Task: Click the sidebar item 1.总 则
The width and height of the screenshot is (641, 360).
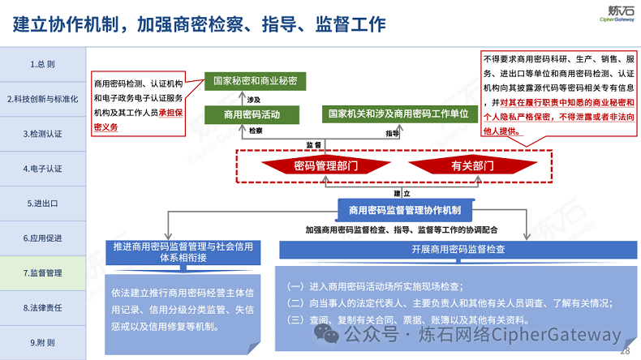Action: click(x=42, y=64)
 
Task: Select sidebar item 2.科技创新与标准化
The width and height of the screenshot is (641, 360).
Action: click(x=42, y=99)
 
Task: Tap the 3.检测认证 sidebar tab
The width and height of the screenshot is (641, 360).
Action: click(x=42, y=134)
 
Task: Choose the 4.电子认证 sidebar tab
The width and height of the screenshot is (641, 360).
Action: click(x=42, y=169)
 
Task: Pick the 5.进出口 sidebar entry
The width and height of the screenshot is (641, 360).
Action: click(x=42, y=204)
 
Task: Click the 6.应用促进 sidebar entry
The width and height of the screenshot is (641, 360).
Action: click(x=42, y=238)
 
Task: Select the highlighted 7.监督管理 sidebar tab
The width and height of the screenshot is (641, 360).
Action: click(x=42, y=273)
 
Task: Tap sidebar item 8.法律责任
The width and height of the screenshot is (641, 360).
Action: click(x=42, y=308)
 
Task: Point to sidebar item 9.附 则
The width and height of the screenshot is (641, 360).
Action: click(x=42, y=342)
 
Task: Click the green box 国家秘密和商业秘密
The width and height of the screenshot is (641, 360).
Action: click(x=255, y=81)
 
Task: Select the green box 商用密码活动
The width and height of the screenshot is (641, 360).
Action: click(x=252, y=115)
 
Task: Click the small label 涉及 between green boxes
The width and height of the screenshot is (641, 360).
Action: click(x=255, y=98)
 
